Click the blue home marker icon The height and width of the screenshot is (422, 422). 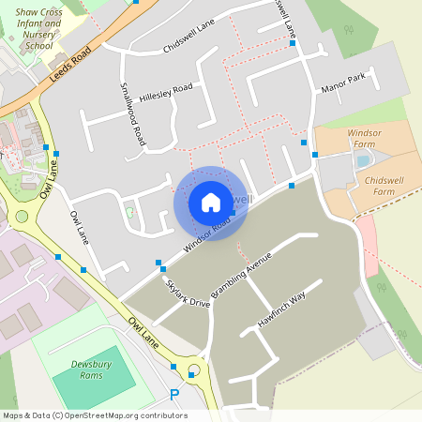click(211, 203)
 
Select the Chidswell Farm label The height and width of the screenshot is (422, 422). click(370, 185)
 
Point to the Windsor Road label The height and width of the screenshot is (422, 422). click(206, 234)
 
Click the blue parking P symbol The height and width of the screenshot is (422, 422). click(173, 395)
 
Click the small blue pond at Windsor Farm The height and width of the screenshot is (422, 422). click(362, 160)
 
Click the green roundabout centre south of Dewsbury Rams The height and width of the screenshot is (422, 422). click(195, 369)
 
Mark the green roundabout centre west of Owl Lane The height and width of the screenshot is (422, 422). click(22, 217)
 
